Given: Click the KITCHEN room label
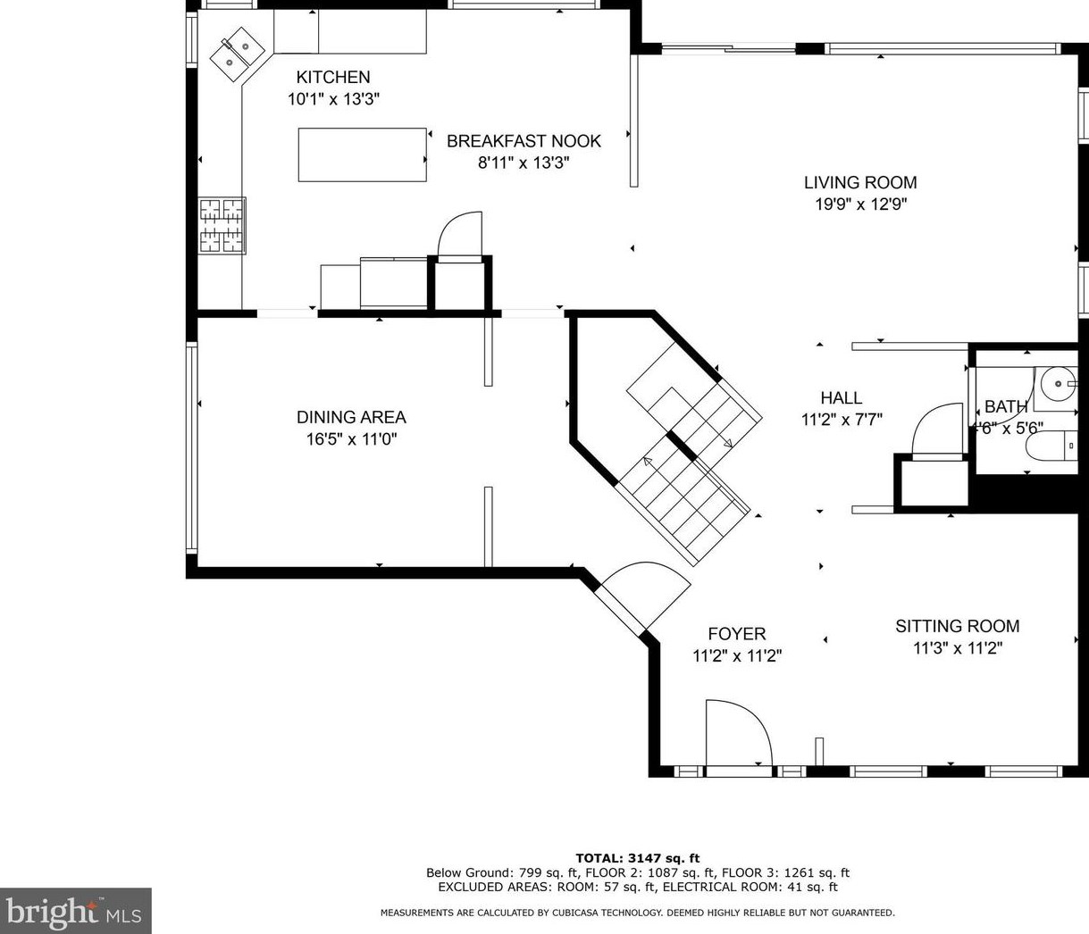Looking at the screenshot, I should coord(332,78).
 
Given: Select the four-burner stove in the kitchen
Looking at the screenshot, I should coord(222,226).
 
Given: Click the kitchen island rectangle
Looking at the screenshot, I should coord(362,154).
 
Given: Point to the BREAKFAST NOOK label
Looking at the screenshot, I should coord(524,141).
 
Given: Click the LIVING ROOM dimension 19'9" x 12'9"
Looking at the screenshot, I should coord(860,204).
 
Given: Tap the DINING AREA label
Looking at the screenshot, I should coord(351,417).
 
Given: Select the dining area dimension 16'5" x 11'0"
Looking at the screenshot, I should coord(351,439).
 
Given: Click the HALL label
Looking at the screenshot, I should coord(842,398).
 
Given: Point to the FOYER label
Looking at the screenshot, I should coord(737,634).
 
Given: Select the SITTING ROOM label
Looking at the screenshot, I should coord(957,626).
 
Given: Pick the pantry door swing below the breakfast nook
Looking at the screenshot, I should coord(460,236).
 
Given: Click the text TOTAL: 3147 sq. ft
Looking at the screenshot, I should coord(637,858).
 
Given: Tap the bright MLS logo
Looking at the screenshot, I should coord(75,912).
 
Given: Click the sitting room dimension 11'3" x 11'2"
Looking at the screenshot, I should coord(957,648).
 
